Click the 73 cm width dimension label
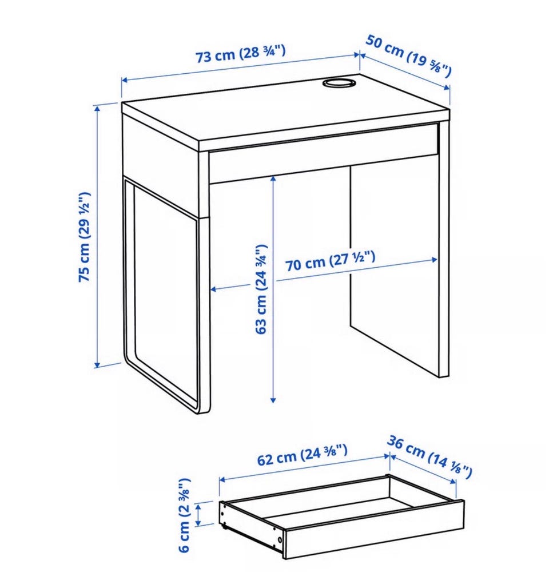(241, 53)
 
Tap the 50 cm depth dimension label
(408, 56)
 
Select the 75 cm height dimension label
(85, 236)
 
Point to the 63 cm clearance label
(261, 289)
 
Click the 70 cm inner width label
(331, 261)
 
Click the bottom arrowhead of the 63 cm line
(273, 400)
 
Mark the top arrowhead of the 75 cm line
(98, 108)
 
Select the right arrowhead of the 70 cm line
(434, 260)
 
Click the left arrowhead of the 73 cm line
(125, 80)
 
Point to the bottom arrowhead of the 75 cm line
(98, 364)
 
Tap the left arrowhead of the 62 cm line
(222, 479)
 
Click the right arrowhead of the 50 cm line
(447, 87)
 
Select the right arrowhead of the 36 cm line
(452, 482)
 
